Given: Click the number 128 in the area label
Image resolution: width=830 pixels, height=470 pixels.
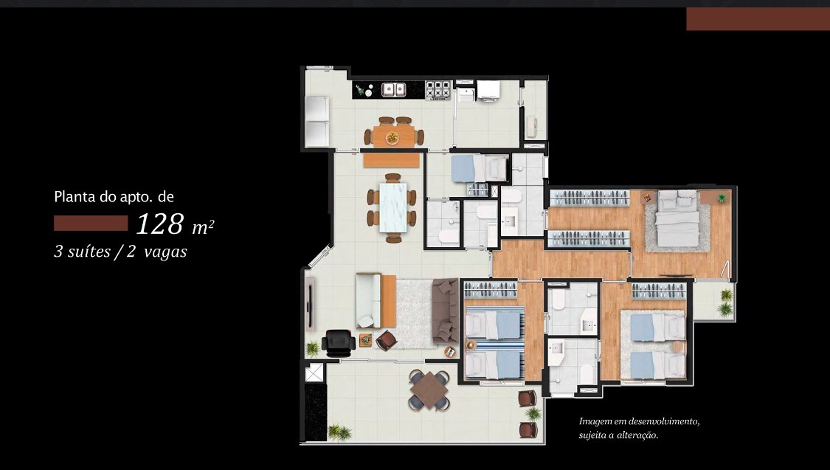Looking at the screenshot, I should click(159, 223).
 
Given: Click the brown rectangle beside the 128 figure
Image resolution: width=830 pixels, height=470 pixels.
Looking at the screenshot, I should click(91, 223).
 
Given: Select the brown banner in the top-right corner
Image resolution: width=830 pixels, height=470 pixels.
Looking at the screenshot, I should click(757, 19).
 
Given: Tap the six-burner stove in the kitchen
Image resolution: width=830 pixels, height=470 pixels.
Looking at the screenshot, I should click(438, 90).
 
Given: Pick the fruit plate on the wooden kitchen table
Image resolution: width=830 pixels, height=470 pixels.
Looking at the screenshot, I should click(392, 136).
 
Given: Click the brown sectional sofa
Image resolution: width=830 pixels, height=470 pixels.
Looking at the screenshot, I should click(446, 311).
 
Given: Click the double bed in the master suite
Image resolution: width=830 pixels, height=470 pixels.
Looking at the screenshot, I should click(677, 219).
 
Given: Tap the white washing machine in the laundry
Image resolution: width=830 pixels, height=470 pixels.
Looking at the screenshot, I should click(488, 90).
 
